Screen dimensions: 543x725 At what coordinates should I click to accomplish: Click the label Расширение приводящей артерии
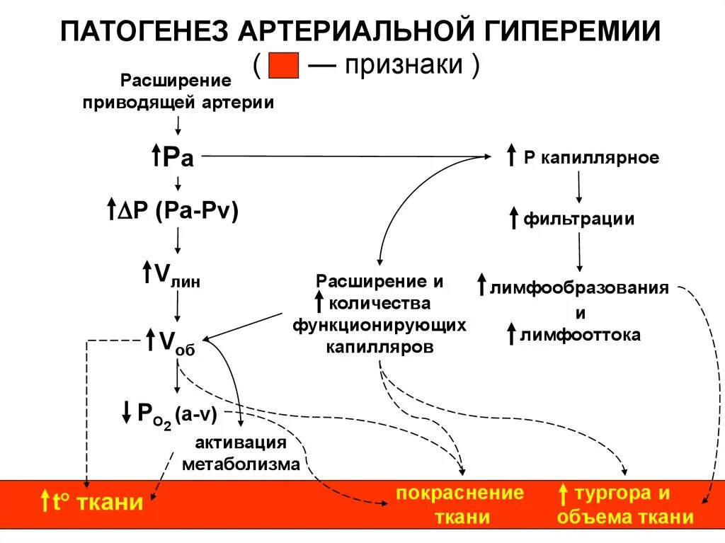(x=178, y=91)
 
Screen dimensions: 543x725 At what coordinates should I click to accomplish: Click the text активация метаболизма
(x=241, y=454)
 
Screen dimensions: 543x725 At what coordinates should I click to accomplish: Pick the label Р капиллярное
(x=591, y=158)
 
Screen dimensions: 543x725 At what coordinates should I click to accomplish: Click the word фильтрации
(x=578, y=219)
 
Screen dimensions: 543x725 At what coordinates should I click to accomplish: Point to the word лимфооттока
(x=581, y=335)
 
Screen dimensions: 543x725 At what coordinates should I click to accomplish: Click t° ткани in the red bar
(x=98, y=503)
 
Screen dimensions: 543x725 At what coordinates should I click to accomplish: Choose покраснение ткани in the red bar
(x=459, y=504)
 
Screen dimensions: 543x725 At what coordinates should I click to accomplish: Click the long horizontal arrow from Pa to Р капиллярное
(x=340, y=156)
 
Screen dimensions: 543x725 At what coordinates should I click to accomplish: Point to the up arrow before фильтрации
(x=513, y=218)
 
